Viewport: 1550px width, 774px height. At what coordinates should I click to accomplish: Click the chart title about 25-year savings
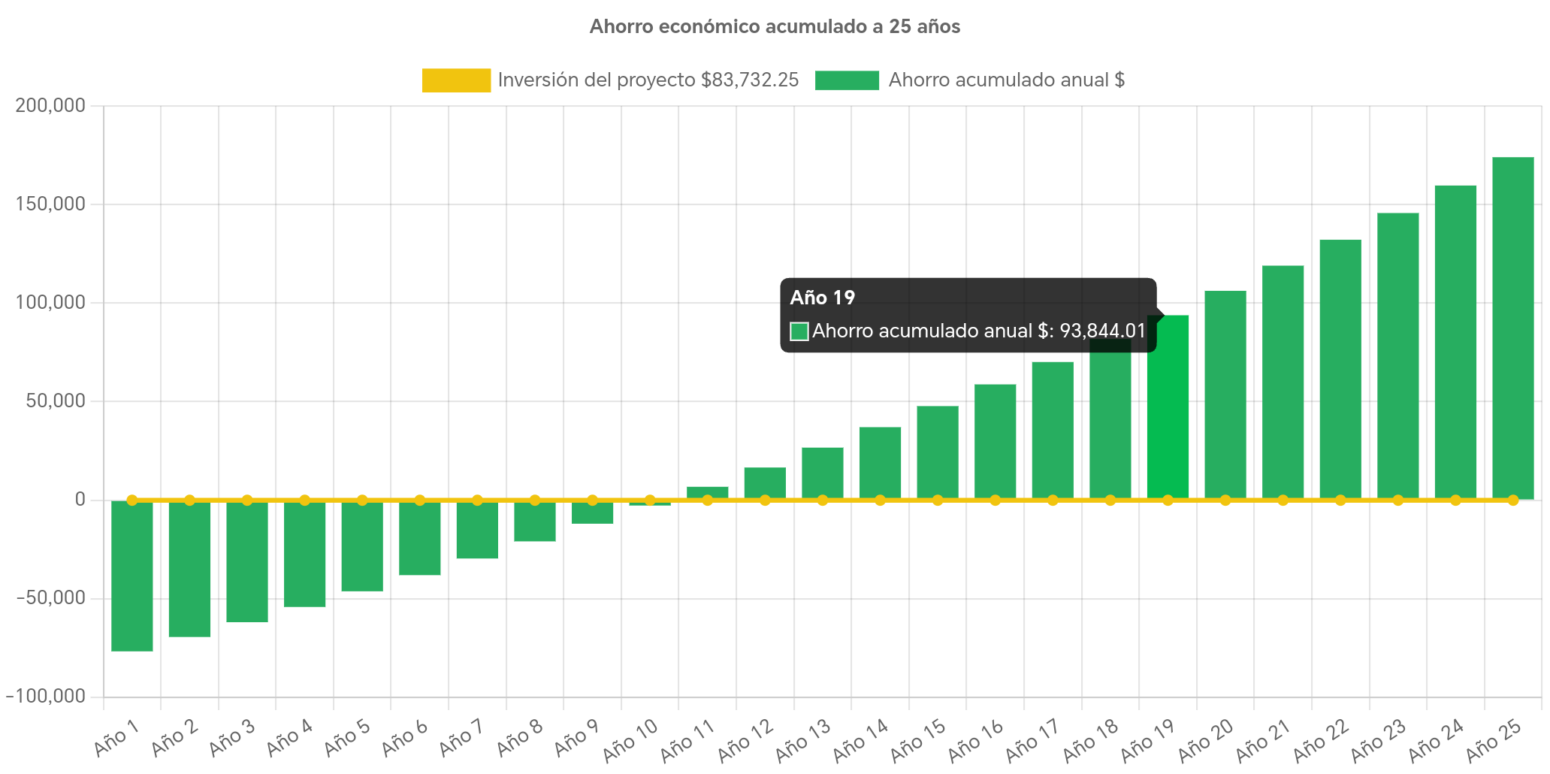tap(775, 27)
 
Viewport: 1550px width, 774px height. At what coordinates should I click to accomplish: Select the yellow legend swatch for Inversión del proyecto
tap(456, 80)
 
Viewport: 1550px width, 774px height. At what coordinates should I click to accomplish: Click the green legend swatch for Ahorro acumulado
tap(847, 80)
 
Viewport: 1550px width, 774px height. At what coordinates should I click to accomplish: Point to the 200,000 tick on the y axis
tap(50, 105)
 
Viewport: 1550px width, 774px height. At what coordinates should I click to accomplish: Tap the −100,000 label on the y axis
tap(46, 696)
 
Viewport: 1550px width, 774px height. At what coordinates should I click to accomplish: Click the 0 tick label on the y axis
tap(80, 499)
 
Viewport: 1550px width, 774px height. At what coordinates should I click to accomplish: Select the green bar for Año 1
tap(132, 576)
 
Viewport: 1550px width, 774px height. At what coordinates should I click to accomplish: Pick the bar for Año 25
tap(1512, 328)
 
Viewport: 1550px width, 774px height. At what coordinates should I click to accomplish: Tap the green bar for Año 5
tap(362, 546)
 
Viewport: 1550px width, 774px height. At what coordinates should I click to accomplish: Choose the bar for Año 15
tap(937, 452)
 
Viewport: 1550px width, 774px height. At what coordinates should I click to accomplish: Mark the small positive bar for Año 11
tap(707, 492)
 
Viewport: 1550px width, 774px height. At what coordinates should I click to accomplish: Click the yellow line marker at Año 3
tap(247, 500)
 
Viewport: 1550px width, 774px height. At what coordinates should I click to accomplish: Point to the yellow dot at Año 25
tap(1512, 500)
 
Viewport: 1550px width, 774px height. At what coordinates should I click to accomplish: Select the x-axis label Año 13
tap(803, 739)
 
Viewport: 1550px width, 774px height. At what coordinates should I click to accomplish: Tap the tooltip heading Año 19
tap(822, 298)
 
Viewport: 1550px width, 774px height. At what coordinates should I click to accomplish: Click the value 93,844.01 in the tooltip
tap(1102, 331)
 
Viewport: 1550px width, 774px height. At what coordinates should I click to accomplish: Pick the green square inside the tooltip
tap(799, 331)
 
